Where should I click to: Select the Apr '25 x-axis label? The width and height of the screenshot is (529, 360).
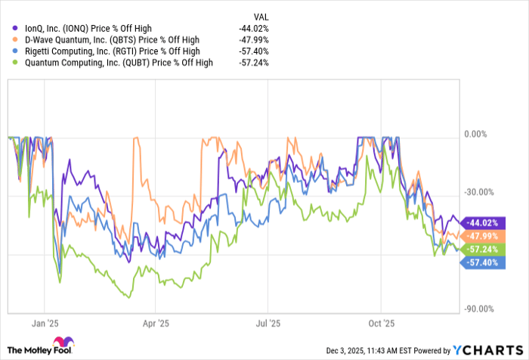point(154,322)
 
